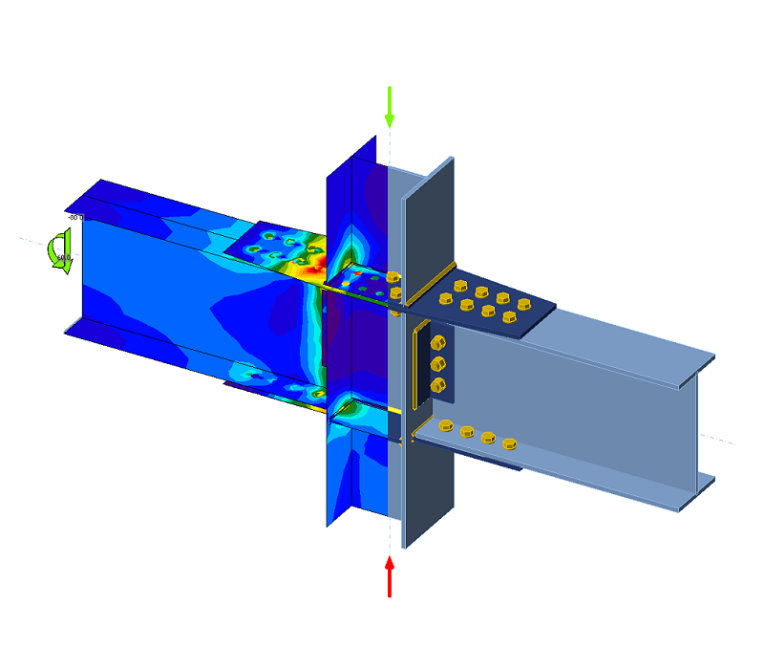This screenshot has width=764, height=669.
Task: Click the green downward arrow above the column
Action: (389, 106)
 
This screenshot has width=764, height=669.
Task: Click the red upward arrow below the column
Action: (390, 576)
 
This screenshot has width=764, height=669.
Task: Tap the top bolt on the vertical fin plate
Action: (438, 343)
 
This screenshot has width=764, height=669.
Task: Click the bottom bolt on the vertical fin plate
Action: (439, 385)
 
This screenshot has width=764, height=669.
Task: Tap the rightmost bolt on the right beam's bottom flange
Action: (510, 442)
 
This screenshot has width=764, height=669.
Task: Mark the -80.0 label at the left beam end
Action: (73, 218)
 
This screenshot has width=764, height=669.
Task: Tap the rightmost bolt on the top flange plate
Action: (523, 305)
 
